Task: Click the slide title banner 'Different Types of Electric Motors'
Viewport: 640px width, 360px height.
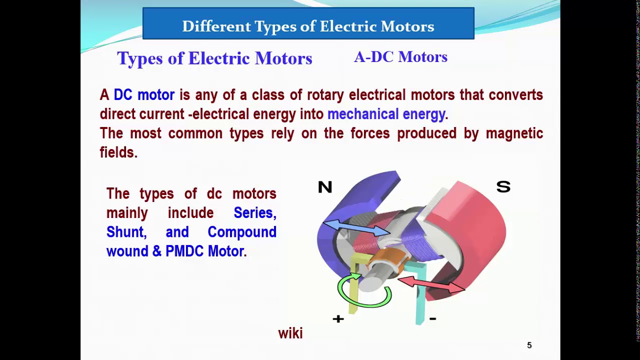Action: click(x=308, y=26)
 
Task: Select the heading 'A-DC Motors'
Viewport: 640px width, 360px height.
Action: click(x=400, y=57)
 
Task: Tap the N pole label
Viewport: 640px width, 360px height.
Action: click(x=325, y=187)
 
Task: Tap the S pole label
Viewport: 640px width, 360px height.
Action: click(x=503, y=187)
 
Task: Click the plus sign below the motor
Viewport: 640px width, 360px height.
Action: click(x=338, y=319)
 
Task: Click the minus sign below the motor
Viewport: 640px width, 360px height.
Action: click(x=432, y=318)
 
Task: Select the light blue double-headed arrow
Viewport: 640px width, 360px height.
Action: click(x=356, y=227)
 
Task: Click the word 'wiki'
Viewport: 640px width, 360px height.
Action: click(x=290, y=333)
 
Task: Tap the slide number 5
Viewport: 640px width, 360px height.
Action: click(x=529, y=345)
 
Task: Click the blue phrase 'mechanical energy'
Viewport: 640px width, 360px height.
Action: click(x=386, y=114)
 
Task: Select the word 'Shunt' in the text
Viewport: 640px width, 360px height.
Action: click(x=125, y=232)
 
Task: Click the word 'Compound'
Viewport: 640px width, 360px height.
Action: click(x=242, y=232)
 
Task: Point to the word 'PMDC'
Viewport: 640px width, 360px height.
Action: click(x=184, y=251)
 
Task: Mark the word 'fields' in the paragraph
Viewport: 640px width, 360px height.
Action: click(x=117, y=152)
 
